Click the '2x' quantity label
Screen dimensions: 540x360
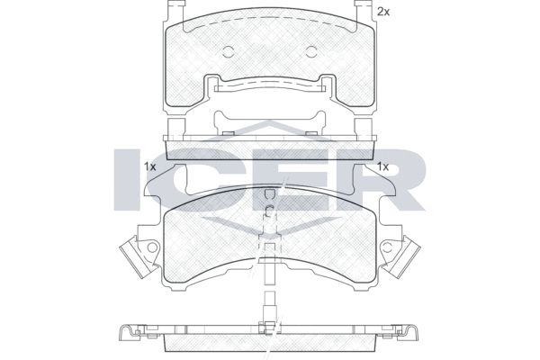click(x=383, y=12)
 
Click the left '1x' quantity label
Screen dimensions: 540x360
click(x=149, y=167)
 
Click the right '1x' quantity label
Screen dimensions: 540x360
click(x=382, y=167)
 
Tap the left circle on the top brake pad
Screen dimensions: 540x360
click(x=229, y=51)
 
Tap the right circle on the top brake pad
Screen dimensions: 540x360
click(x=311, y=51)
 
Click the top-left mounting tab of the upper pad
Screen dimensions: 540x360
click(x=175, y=10)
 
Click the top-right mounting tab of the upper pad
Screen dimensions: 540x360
click(x=364, y=10)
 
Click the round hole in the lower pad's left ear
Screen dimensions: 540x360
click(x=152, y=247)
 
